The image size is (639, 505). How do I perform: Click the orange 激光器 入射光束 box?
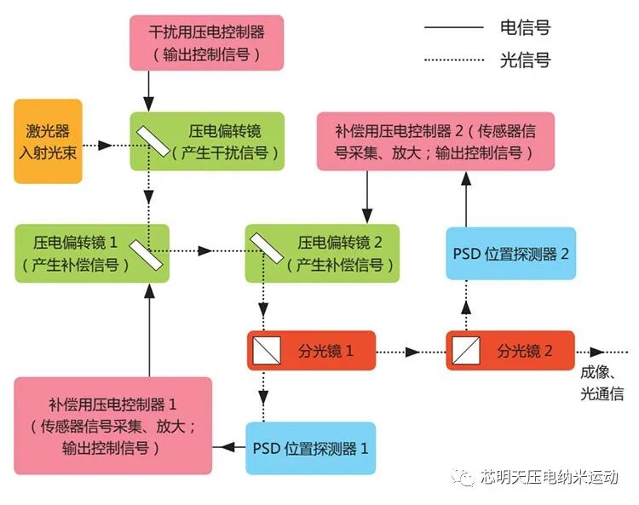[x=48, y=141]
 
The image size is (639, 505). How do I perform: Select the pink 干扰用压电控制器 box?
[x=206, y=42]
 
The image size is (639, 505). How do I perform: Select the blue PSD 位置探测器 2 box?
[x=511, y=253]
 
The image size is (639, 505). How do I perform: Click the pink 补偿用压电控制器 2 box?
[x=435, y=141]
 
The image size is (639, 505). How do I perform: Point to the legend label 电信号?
[x=525, y=27]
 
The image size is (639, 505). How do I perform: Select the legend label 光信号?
[x=525, y=60]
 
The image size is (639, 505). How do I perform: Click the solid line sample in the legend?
[x=453, y=27]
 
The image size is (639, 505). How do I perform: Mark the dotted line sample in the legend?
[x=453, y=60]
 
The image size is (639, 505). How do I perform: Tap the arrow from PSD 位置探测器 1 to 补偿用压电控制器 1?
[x=228, y=447]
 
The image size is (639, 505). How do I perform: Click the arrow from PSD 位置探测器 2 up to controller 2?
[x=467, y=198]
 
